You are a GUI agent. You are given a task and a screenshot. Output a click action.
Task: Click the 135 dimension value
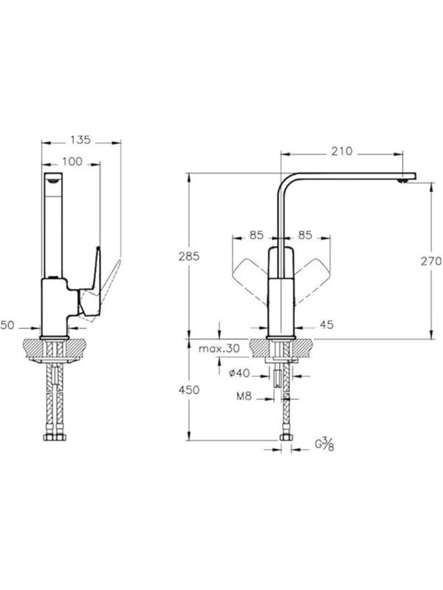click(x=80, y=140)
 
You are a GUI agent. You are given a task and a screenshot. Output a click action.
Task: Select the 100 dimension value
click(x=72, y=162)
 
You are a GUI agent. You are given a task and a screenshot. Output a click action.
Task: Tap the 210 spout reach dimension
click(x=342, y=151)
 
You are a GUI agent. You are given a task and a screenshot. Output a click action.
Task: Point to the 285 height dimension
click(x=189, y=256)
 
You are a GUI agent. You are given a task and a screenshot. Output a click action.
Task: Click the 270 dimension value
click(x=431, y=261)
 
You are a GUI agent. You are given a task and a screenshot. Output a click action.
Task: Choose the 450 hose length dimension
click(x=189, y=390)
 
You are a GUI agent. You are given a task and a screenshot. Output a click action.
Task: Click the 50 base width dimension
click(x=7, y=325)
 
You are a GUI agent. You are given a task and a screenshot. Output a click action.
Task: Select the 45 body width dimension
click(x=327, y=325)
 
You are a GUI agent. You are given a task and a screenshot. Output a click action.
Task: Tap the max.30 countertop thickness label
click(x=219, y=349)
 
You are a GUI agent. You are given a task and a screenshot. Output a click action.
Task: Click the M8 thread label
click(x=244, y=396)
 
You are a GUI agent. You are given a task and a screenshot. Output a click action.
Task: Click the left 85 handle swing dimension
click(x=256, y=236)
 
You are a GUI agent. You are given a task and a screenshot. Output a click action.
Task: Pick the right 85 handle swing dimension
click(x=305, y=236)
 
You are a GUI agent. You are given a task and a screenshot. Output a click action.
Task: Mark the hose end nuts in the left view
click(x=55, y=437)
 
